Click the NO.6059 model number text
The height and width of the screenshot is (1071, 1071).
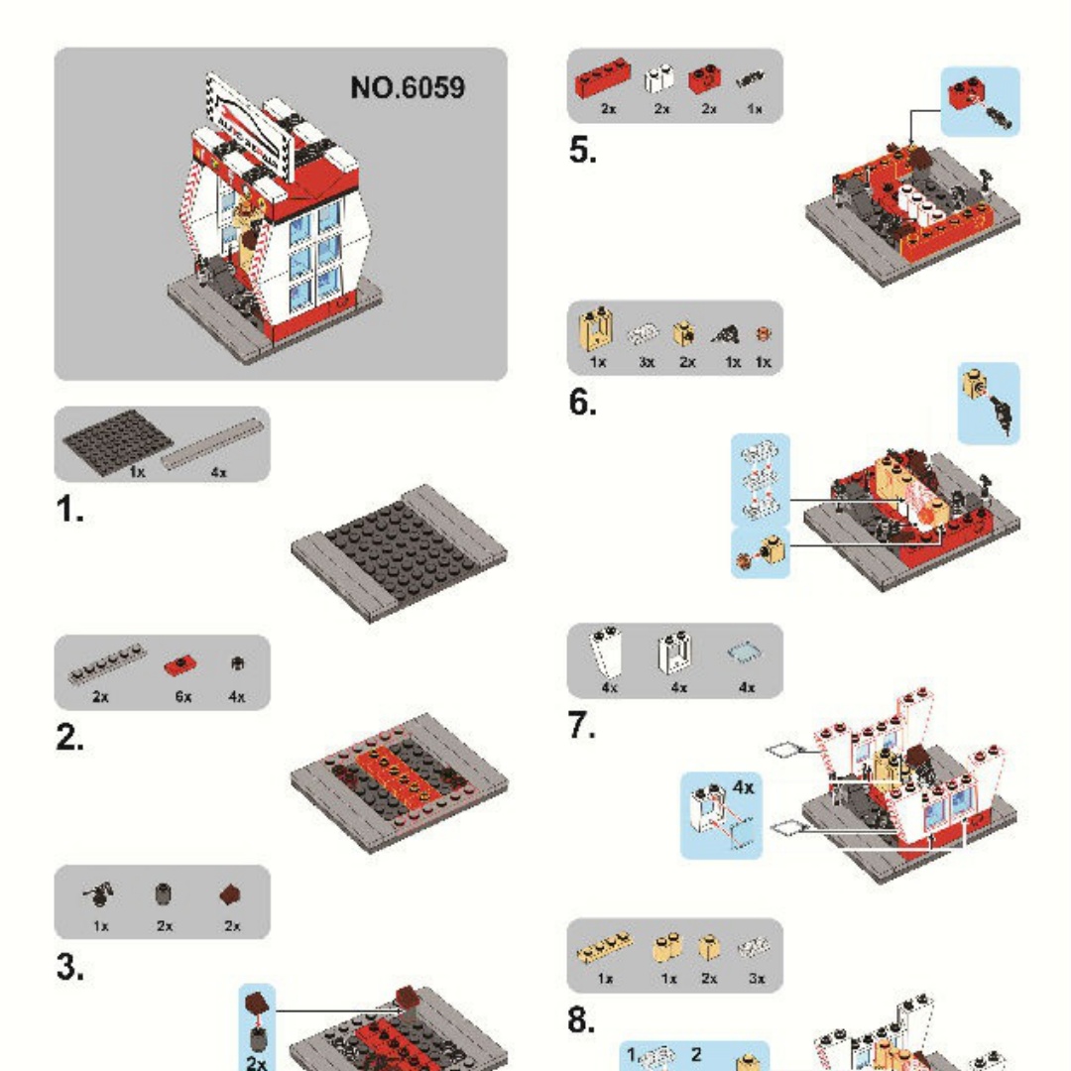coord(407,87)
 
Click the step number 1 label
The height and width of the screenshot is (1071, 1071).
coord(69,512)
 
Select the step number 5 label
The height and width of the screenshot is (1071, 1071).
coord(583,151)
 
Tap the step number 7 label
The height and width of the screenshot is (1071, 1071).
coord(582,727)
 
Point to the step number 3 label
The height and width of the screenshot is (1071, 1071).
coord(69,968)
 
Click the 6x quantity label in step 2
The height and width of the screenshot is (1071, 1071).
coord(182,697)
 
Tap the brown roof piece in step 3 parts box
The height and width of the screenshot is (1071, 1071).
coord(231,895)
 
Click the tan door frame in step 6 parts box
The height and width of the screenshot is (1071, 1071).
coord(598,332)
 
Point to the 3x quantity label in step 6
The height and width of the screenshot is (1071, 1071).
coord(647,362)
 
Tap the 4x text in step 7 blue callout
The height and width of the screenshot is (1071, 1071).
coord(744,786)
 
